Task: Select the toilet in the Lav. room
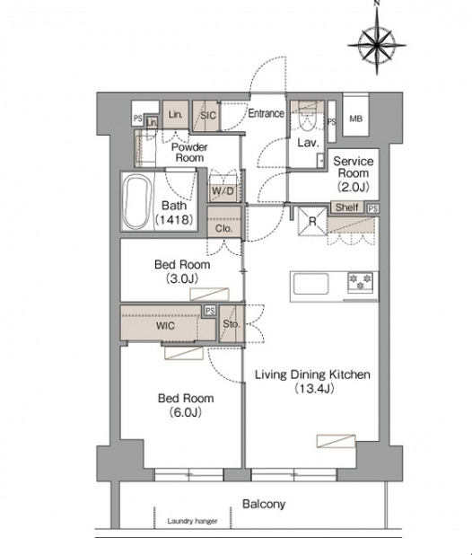[x=307, y=119]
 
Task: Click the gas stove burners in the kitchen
[x=360, y=282]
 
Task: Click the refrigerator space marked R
[x=312, y=222]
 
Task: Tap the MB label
[x=355, y=119]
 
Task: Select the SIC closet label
[x=208, y=115]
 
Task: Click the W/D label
[x=223, y=191]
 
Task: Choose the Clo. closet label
[x=223, y=228]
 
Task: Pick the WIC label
[x=165, y=326]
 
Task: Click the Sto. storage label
[x=232, y=324]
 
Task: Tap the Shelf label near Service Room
[x=347, y=207]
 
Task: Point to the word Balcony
[x=264, y=504]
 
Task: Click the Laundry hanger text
[x=192, y=521]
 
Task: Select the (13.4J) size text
[x=314, y=389]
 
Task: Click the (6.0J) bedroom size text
[x=185, y=412]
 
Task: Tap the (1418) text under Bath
[x=174, y=220]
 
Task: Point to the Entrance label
[x=266, y=113]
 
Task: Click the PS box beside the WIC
[x=210, y=311]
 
